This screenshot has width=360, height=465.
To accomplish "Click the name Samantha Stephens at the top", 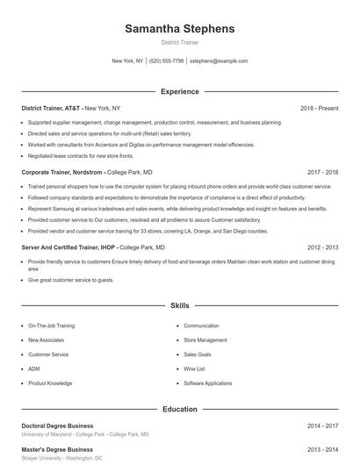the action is (x=180, y=29).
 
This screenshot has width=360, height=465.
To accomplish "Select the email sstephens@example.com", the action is (x=219, y=61).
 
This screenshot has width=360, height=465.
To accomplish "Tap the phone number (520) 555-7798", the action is (x=166, y=61).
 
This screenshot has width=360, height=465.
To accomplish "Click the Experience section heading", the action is (x=180, y=91).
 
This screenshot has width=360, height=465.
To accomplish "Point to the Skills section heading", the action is (x=180, y=306).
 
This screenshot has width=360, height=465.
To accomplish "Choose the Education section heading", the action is (x=180, y=409).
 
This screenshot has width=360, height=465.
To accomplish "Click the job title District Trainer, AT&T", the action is (x=52, y=108).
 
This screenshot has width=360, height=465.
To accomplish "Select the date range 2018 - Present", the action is (x=319, y=108).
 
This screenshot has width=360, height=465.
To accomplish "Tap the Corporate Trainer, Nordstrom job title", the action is (x=61, y=173).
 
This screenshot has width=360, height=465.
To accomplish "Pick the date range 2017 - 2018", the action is (x=322, y=173).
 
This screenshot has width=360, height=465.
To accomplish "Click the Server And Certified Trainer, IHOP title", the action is (x=68, y=247).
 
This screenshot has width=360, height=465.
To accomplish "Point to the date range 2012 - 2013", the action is (x=322, y=247).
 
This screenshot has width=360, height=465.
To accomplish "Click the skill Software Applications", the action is (x=208, y=383).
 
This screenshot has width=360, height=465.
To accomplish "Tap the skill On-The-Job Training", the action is (x=50, y=325).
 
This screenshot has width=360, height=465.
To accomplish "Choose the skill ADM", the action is (x=34, y=368).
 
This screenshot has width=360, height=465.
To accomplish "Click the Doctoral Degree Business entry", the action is (x=57, y=426).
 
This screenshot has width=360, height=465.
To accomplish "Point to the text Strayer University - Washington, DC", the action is (x=61, y=458).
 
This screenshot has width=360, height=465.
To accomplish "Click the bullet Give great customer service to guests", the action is (x=71, y=280).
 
